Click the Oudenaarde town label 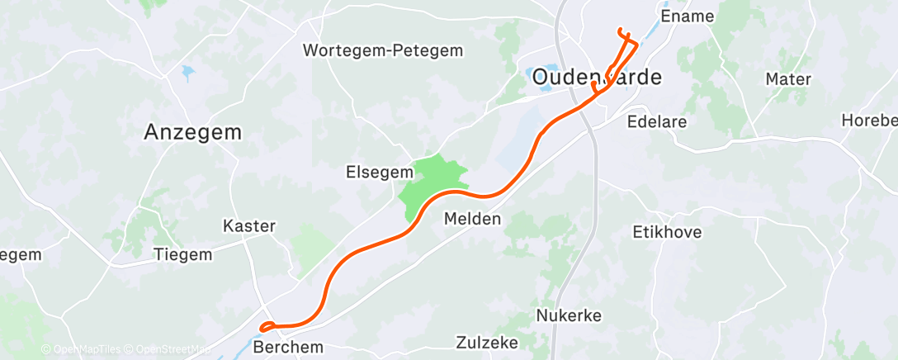pyautogui.click(x=596, y=78)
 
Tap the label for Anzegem pyautogui.click(x=193, y=131)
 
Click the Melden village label pyautogui.click(x=472, y=219)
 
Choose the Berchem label pyautogui.click(x=289, y=347)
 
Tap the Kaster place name pyautogui.click(x=249, y=225)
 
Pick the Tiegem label pyautogui.click(x=182, y=254)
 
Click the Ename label pyautogui.click(x=688, y=16)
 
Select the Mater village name pyautogui.click(x=788, y=79)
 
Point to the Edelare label pyautogui.click(x=658, y=121)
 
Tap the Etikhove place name pyautogui.click(x=667, y=232)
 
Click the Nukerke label pyautogui.click(x=569, y=315)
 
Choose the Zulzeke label pyautogui.click(x=486, y=342)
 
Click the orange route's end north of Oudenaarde pyautogui.click(x=620, y=31)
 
